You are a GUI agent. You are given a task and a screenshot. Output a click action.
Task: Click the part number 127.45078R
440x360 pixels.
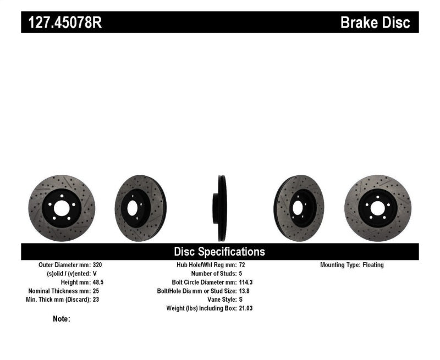(x=62, y=23)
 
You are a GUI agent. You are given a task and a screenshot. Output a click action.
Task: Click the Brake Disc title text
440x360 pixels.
(x=375, y=23)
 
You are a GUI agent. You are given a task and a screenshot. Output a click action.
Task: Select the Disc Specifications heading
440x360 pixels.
(x=219, y=252)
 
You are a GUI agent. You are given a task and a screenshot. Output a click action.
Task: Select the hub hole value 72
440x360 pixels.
(x=243, y=264)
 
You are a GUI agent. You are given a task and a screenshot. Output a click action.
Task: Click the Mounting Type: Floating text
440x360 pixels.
(x=352, y=264)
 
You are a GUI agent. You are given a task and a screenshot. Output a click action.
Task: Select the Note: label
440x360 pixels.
(x=62, y=319)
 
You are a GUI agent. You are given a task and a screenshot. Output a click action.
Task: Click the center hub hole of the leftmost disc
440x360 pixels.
(x=61, y=208)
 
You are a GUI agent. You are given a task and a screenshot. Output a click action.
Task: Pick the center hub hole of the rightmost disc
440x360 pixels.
(x=378, y=208)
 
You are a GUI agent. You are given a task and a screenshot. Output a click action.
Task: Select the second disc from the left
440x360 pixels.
(x=140, y=208)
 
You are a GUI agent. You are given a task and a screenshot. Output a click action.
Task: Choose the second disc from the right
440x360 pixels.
(x=299, y=208)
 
